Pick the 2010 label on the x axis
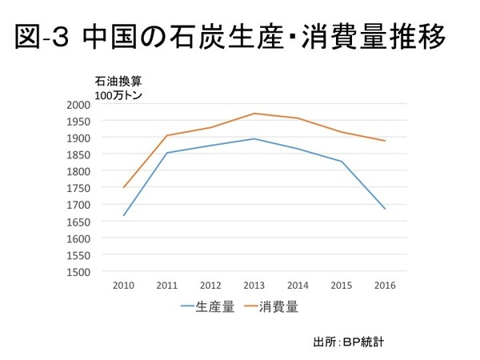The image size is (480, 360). click(123, 286)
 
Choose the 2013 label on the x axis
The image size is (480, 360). click(254, 286)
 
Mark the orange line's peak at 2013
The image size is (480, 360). click(254, 114)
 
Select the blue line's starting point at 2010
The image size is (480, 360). click(123, 215)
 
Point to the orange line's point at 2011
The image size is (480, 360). click(167, 135)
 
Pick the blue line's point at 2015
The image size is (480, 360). click(342, 162)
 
